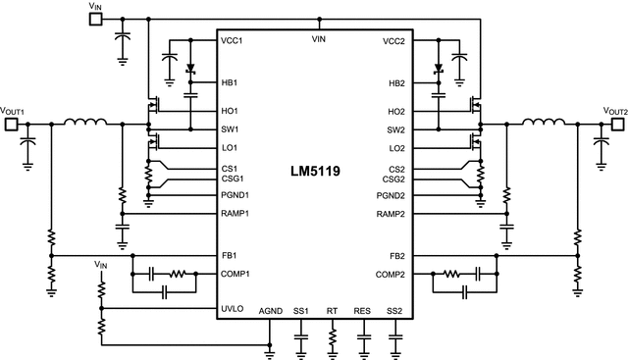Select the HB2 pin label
tap(395, 82)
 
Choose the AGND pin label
tap(270, 311)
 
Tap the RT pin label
tap(332, 311)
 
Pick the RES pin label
tap(363, 311)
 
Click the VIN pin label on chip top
tap(318, 39)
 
